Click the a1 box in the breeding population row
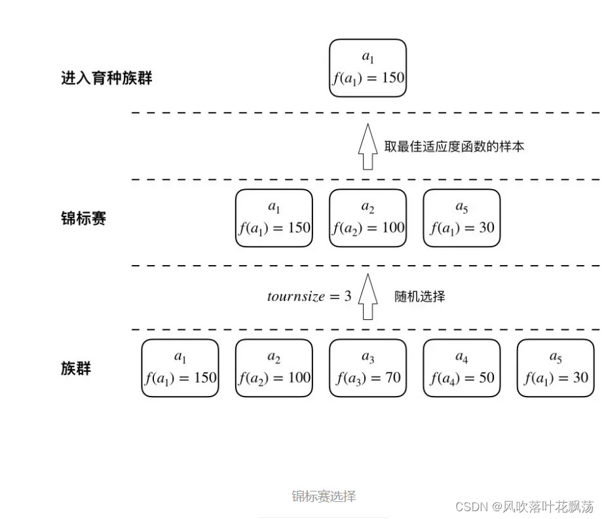(368, 68)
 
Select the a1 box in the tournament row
(274, 218)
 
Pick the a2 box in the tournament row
(368, 218)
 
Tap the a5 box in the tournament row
(462, 218)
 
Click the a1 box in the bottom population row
(180, 368)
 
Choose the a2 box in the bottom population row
(274, 368)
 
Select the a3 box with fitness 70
(368, 368)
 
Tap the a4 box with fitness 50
(462, 368)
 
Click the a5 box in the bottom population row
(556, 368)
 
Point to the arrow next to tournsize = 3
(368, 297)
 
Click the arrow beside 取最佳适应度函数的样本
(368, 147)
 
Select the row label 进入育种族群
(107, 79)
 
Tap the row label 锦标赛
(83, 219)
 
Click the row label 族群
(75, 368)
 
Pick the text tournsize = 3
(309, 296)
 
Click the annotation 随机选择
(420, 296)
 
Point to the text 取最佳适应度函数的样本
(454, 147)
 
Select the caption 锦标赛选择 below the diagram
(324, 496)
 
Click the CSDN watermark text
(524, 506)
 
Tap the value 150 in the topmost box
(392, 78)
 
